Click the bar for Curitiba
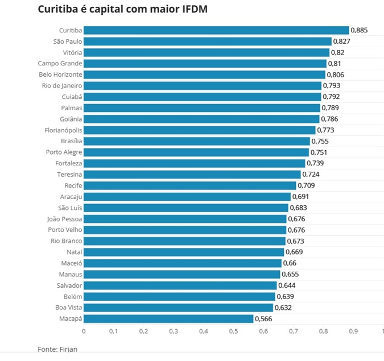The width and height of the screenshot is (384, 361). click(216, 30)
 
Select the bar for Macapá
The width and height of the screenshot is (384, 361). click(168, 318)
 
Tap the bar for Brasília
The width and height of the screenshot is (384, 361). click(197, 141)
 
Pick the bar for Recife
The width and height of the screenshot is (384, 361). click(190, 185)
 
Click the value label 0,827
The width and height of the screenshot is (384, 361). click(342, 42)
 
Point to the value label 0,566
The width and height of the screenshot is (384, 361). click(264, 318)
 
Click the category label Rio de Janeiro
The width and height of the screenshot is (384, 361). click(63, 86)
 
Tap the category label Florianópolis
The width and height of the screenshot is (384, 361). click(63, 130)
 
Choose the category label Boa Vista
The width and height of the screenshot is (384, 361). click(68, 308)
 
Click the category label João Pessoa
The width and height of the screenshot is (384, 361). click(64, 219)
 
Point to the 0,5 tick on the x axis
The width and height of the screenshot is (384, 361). click(233, 331)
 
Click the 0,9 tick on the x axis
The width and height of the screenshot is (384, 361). click(353, 331)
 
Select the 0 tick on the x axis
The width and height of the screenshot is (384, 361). click(84, 331)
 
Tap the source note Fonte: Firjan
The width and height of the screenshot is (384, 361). click(57, 348)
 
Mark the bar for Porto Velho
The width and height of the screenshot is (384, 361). click(185, 230)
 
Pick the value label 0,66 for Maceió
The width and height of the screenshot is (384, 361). click(290, 263)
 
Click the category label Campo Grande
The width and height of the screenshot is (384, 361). click(60, 64)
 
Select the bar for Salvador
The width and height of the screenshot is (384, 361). click(180, 285)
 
